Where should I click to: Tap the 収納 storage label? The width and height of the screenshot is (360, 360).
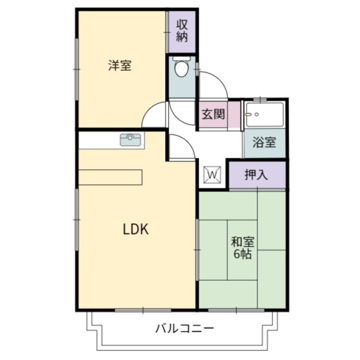click(x=182, y=29)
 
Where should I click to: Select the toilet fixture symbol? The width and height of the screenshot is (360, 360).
click(x=181, y=69)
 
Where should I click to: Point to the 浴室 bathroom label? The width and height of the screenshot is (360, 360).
click(x=264, y=143)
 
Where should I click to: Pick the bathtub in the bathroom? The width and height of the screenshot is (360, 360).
click(x=265, y=114)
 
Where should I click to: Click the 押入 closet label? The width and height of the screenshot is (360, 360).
click(x=257, y=175)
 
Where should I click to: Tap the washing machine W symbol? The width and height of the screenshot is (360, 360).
click(x=214, y=174)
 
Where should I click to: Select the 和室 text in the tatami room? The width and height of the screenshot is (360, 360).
click(x=243, y=242)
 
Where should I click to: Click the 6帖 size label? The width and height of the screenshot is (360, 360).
click(x=243, y=254)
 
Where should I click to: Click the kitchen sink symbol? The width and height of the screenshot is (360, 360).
click(x=131, y=140)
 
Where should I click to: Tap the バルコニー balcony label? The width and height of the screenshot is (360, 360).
click(x=184, y=329)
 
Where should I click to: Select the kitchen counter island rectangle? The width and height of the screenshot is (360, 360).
click(x=111, y=178)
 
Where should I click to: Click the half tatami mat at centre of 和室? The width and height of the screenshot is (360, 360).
click(x=242, y=249)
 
